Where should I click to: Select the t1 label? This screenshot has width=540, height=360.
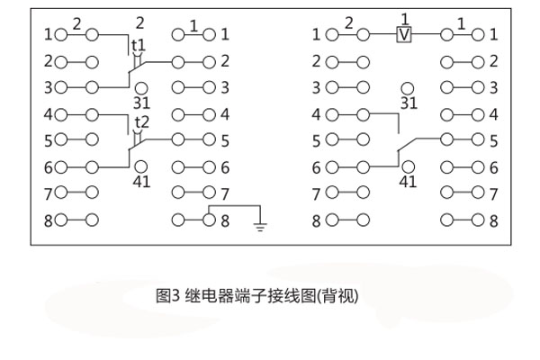[139, 46]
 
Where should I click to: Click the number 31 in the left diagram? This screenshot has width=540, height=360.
[142, 103]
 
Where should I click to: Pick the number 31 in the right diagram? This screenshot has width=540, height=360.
[409, 103]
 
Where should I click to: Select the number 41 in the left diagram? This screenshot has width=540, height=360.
[142, 182]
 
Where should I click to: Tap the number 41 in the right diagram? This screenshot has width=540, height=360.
[408, 182]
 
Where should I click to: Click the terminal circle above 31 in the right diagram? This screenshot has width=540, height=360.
[408, 88]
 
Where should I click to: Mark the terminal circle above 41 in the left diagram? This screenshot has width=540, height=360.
[141, 166]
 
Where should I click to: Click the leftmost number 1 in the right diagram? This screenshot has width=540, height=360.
[317, 35]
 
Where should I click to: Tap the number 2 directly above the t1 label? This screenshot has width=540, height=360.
[139, 22]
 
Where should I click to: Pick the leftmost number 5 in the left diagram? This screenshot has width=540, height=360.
[49, 141]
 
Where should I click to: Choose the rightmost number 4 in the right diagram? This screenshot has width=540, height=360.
[493, 114]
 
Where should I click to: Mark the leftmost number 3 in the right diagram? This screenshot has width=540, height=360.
[317, 88]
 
